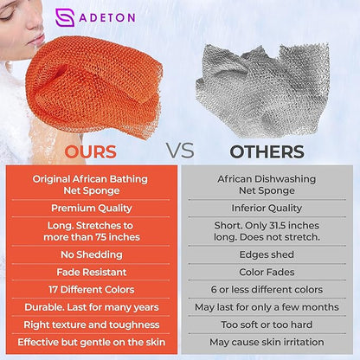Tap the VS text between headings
click(180, 151)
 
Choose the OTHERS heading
click(267, 151)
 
